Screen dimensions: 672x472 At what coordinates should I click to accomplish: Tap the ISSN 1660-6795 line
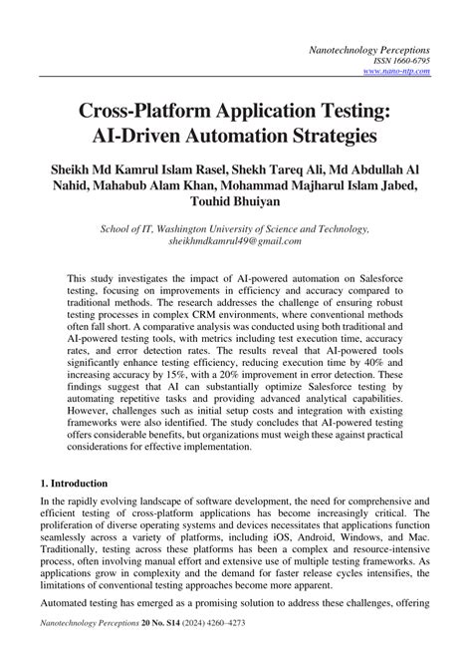(401, 61)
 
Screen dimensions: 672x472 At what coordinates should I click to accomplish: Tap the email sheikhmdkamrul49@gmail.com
(236, 241)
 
